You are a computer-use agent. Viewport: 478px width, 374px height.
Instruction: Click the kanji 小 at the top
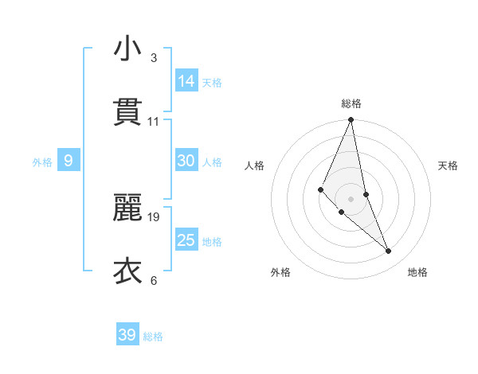127,49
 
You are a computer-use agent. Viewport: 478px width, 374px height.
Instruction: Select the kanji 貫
127,111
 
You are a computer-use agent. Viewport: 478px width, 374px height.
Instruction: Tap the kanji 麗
127,209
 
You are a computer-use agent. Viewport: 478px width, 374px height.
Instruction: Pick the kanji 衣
127,271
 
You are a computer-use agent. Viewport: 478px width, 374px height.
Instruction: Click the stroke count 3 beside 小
154,58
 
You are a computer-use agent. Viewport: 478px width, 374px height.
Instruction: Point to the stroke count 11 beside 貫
154,121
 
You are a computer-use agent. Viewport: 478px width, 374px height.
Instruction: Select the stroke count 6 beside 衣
154,280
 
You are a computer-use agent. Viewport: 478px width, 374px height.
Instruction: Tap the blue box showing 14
186,80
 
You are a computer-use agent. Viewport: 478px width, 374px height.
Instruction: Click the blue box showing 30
186,161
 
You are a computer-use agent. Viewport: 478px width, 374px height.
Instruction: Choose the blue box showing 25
186,240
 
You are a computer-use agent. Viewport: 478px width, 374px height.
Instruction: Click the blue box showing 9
69,162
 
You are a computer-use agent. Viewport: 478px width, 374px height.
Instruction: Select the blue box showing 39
127,335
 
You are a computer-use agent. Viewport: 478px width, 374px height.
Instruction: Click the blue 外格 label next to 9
42,162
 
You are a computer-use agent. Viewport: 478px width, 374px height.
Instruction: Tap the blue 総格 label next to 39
153,337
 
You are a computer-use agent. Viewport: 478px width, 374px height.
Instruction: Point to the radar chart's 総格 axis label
351,103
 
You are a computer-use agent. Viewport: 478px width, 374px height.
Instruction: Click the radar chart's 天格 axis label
449,166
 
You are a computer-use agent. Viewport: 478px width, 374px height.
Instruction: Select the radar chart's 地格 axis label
417,272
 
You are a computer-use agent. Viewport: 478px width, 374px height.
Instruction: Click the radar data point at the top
351,120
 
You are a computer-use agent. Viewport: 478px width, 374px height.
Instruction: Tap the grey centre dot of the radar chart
351,198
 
